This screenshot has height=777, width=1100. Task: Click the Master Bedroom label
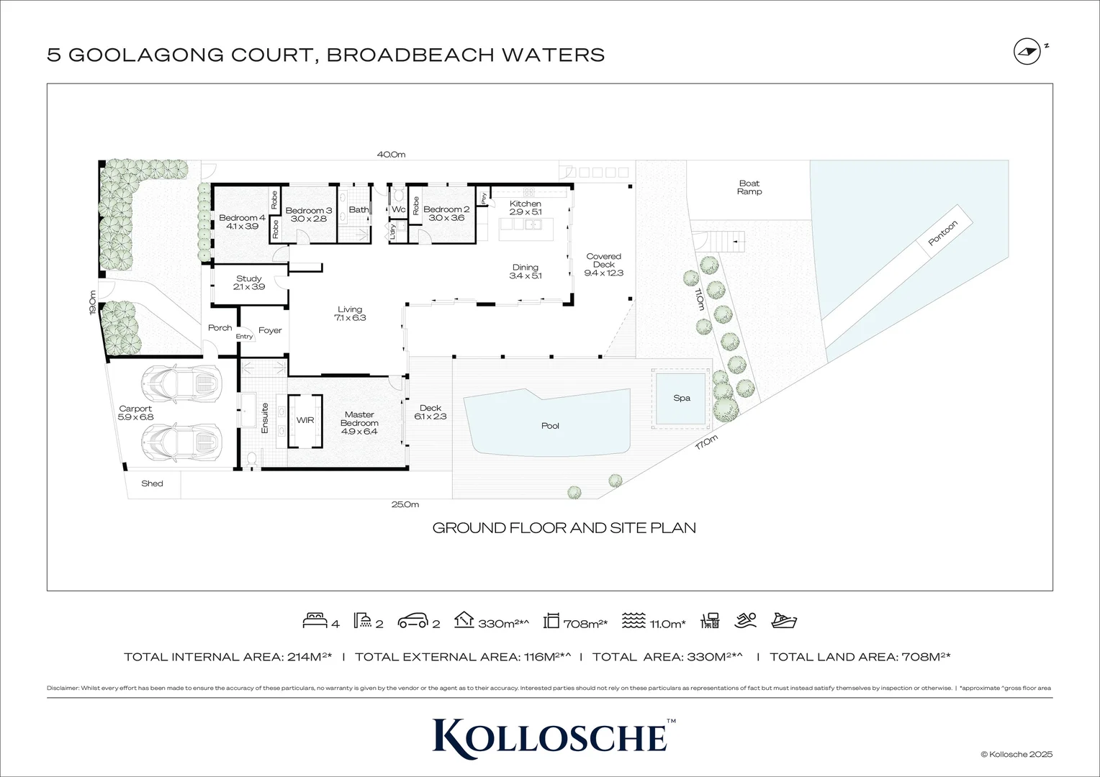click(x=359, y=419)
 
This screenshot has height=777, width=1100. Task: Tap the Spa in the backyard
click(x=681, y=398)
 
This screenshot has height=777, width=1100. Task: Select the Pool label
click(x=550, y=426)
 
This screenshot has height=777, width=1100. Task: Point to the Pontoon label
click(x=942, y=233)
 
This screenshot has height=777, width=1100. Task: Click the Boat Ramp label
click(x=749, y=188)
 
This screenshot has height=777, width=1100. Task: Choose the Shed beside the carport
click(x=152, y=483)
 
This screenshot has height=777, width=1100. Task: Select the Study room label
click(x=249, y=282)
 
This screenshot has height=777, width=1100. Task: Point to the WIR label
click(x=305, y=419)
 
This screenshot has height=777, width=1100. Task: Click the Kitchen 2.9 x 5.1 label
click(x=525, y=208)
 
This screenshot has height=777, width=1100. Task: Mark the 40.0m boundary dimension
click(x=392, y=154)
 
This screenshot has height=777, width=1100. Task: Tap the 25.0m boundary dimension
click(x=405, y=504)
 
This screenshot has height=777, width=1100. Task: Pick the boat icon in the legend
click(x=783, y=620)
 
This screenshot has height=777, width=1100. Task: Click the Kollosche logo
click(x=550, y=735)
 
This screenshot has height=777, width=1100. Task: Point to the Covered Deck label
click(x=603, y=265)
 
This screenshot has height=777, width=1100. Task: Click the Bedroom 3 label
click(x=308, y=214)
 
